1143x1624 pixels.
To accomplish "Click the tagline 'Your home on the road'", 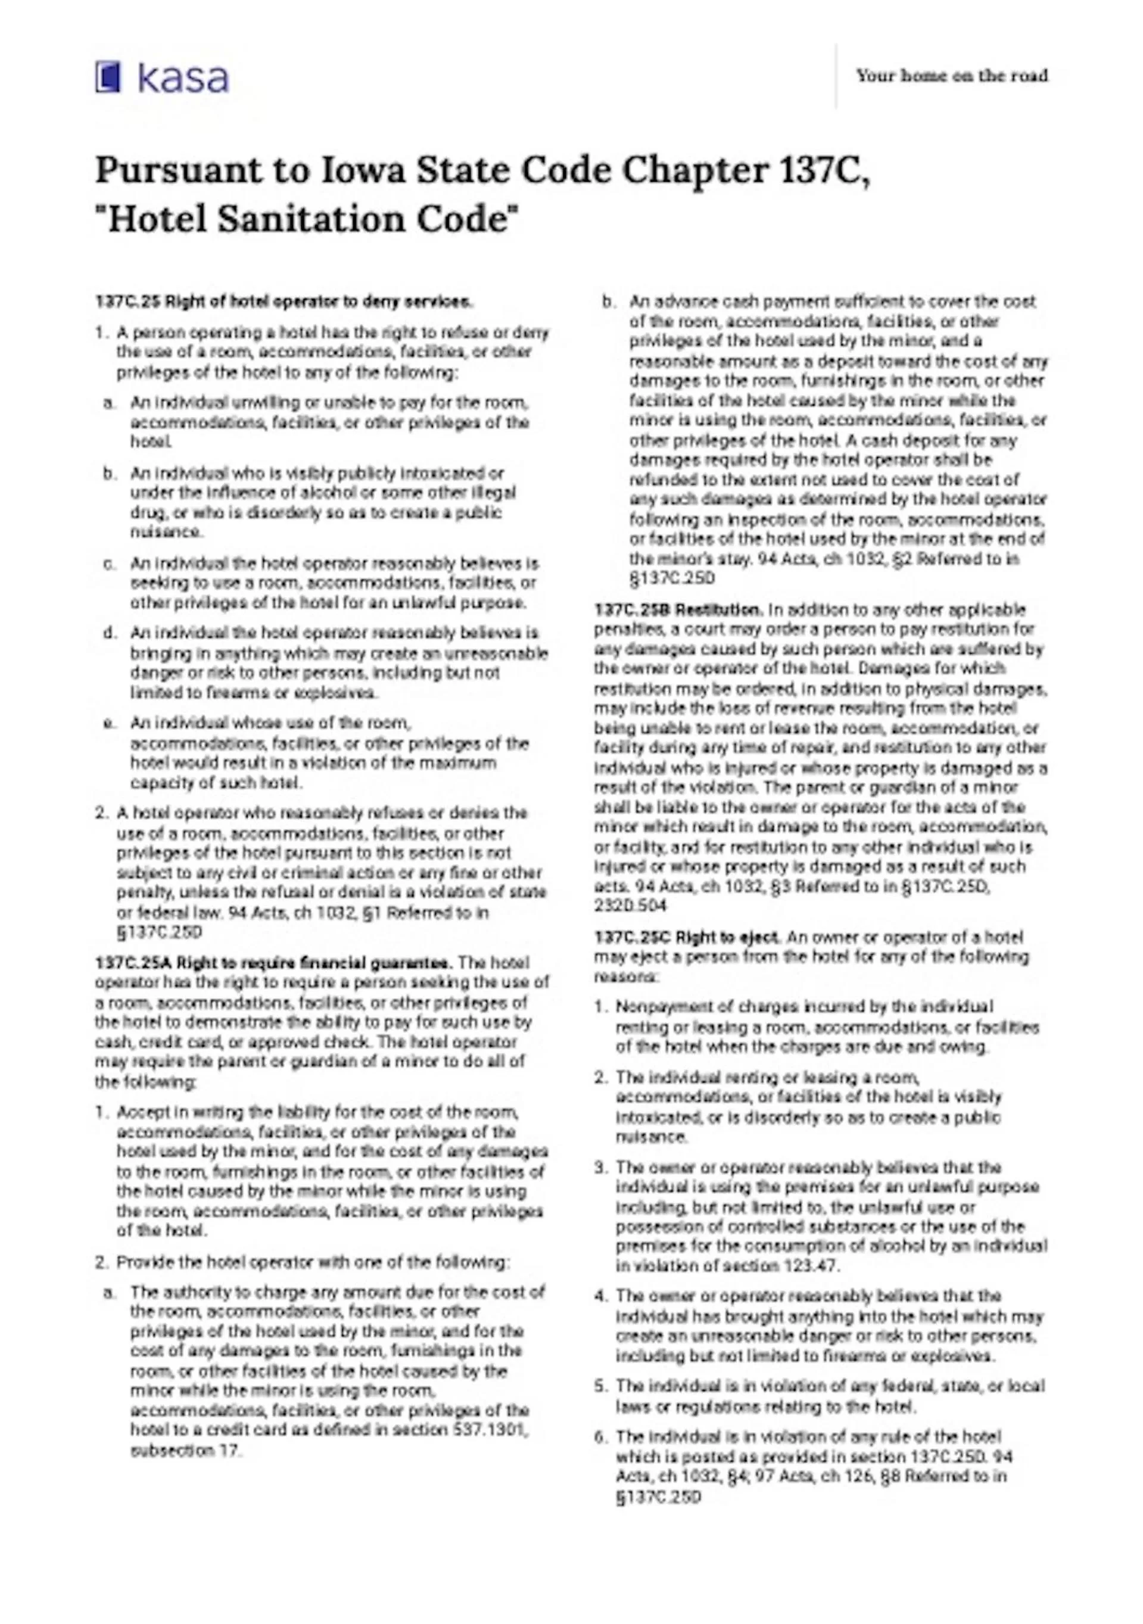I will (x=951, y=76).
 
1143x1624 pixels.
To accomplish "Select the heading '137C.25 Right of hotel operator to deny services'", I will (x=284, y=302).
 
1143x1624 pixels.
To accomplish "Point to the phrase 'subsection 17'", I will (x=185, y=1450).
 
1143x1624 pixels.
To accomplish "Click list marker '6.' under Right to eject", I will (x=601, y=1436).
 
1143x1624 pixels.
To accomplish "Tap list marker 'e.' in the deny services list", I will (x=109, y=723).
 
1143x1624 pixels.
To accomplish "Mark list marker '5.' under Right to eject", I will (x=601, y=1385).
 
